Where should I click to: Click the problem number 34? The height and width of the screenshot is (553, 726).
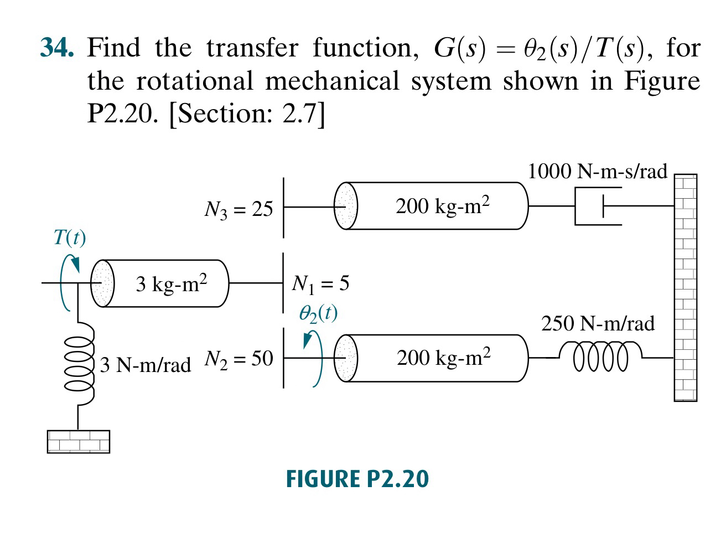(57, 48)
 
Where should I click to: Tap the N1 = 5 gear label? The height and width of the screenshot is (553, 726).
(320, 283)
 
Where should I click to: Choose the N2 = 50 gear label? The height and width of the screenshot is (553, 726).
(238, 359)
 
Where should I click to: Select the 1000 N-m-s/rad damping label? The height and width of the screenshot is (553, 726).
(598, 171)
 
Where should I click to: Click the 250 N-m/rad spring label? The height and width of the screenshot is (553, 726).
(598, 323)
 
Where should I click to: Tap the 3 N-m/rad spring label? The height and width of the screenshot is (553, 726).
(146, 365)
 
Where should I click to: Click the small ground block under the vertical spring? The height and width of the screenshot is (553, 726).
(79, 441)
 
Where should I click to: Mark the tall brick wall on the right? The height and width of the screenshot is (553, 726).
(685, 287)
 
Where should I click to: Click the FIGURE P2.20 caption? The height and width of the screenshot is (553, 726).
(357, 479)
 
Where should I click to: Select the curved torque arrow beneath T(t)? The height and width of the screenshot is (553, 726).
(68, 282)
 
